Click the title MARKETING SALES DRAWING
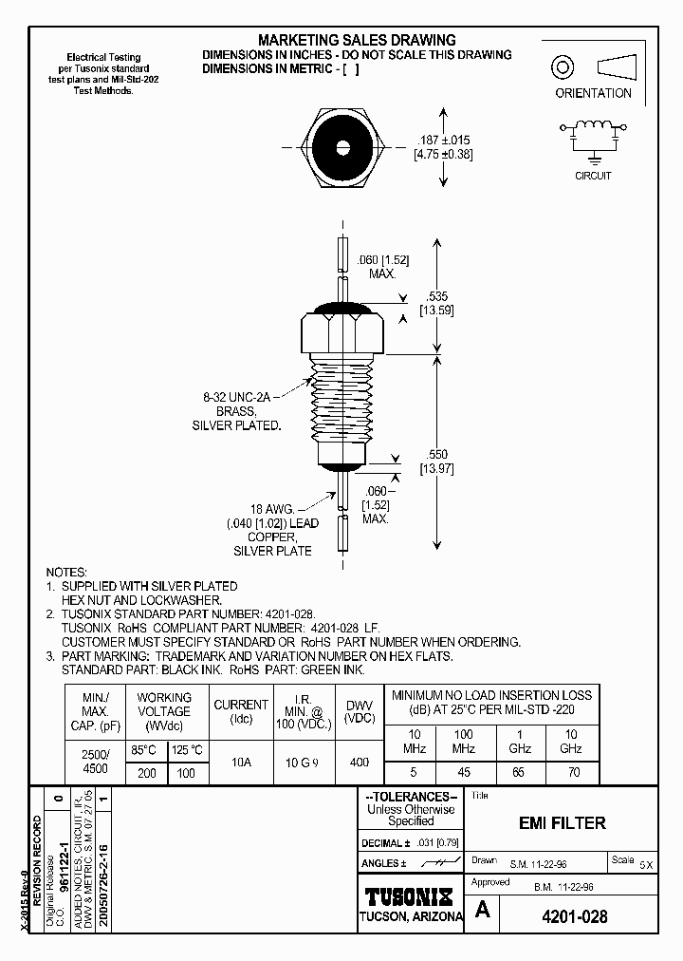[357, 40]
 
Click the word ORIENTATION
[593, 93]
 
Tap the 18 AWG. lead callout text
[271, 509]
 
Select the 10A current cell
[241, 761]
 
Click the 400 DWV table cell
[359, 761]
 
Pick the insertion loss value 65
[517, 773]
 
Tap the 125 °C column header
[187, 749]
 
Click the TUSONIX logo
[410, 895]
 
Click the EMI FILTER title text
[563, 823]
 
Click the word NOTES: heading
[66, 573]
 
